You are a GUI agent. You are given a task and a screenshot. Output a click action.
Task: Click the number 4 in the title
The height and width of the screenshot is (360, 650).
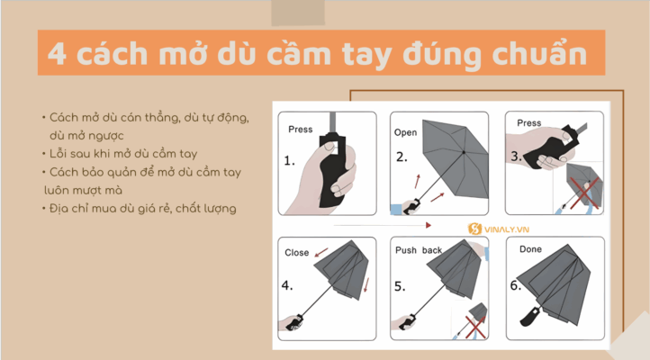[x=58, y=53]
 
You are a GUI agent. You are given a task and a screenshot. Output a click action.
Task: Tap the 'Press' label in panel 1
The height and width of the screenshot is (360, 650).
[x=300, y=130]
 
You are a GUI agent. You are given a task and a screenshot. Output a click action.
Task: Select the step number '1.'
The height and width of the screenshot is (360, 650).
[x=290, y=162]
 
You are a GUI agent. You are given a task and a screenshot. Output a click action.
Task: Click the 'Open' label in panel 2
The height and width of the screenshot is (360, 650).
[x=406, y=132]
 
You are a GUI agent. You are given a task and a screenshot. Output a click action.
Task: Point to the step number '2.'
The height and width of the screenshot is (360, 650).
[x=402, y=157]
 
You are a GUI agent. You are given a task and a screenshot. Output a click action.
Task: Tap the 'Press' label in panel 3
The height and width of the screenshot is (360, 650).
[x=529, y=123]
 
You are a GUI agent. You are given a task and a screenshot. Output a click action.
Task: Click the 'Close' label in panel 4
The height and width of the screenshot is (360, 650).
[x=297, y=253]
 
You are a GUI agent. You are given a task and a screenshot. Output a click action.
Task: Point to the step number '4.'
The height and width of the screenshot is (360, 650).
[x=288, y=286]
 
